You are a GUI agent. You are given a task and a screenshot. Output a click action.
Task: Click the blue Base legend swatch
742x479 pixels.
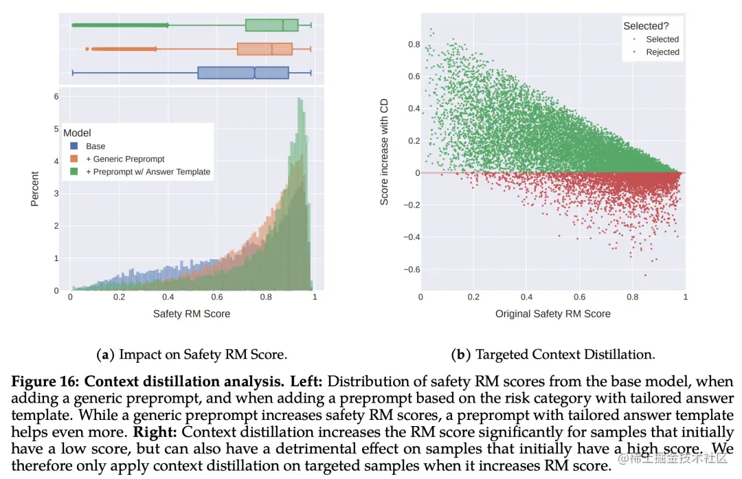point(73,146)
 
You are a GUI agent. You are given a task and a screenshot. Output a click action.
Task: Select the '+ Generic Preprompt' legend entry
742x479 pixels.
point(125,159)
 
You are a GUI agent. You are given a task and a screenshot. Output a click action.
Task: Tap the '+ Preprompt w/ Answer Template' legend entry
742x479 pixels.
point(148,172)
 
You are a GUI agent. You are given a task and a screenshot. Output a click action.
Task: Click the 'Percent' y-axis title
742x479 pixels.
point(35,189)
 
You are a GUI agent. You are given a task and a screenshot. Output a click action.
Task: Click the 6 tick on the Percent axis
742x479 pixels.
point(56,97)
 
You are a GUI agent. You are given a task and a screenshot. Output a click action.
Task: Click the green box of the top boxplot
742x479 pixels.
point(271,25)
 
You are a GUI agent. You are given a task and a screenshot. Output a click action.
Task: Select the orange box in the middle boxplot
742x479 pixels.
point(265,49)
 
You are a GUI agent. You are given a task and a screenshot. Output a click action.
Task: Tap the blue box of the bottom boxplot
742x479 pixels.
point(243,73)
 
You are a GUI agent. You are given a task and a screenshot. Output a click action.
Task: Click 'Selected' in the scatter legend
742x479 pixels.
point(662,39)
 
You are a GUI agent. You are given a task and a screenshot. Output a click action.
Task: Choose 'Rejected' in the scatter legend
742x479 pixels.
point(662,52)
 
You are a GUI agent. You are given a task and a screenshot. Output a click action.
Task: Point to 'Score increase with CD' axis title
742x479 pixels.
point(384,151)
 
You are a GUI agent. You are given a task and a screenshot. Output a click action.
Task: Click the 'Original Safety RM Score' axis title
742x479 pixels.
point(552,314)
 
